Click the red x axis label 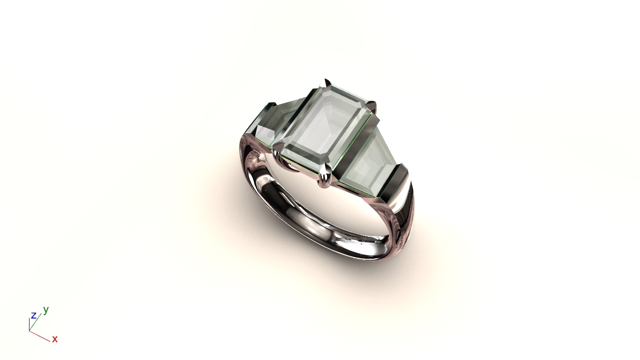[x=55, y=339]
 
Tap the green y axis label [x=46, y=310]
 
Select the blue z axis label [x=33, y=315]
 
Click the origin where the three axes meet [x=30, y=331]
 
